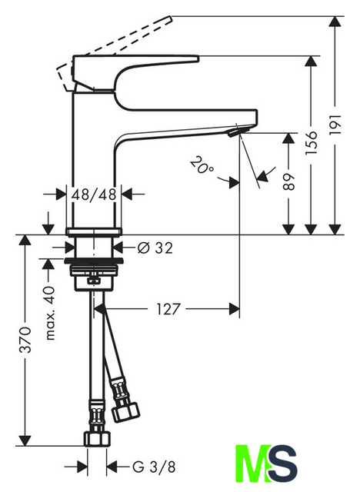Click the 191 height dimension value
pos(335,125)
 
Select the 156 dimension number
pos(311,143)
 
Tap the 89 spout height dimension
pos(288,181)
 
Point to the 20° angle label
pos(202,165)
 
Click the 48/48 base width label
pos(94,194)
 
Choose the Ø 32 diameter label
pos(155,248)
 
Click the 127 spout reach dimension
pos(168,309)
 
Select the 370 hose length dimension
pos(25,340)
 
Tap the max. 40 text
pos(49,313)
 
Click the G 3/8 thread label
pos(154,467)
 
